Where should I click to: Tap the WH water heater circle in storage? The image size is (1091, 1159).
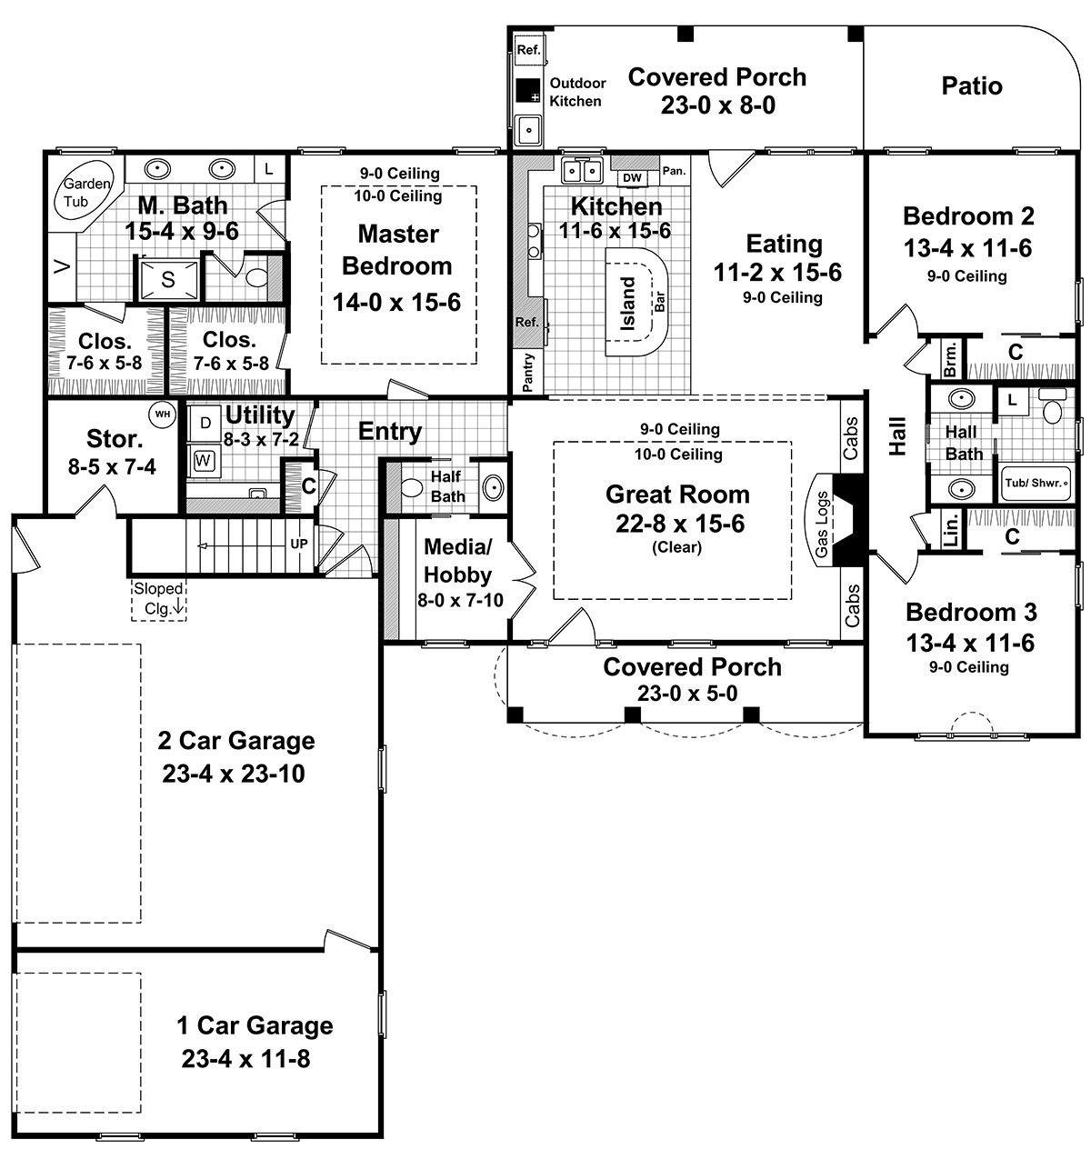tap(163, 415)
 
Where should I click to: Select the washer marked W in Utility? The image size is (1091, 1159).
tap(203, 461)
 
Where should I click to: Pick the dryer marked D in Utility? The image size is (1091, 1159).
tap(205, 423)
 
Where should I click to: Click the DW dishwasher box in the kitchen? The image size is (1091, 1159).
tap(632, 177)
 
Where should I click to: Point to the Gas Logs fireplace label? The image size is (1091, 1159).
tap(821, 525)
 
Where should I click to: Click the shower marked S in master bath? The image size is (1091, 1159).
tap(167, 280)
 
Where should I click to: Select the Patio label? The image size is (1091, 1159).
tap(972, 85)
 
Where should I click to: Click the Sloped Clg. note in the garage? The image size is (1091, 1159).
tap(158, 598)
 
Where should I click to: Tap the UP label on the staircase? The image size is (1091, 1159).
tap(299, 544)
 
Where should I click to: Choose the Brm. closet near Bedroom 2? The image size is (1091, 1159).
tap(950, 359)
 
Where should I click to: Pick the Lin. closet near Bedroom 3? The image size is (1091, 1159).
tap(950, 529)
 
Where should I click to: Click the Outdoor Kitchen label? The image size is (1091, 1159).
tap(577, 92)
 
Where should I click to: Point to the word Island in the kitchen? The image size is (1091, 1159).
tap(627, 304)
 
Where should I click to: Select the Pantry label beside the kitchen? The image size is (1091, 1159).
tap(527, 372)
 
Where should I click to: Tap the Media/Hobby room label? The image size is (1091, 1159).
tap(457, 561)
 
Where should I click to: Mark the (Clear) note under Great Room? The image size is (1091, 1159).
tap(677, 547)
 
